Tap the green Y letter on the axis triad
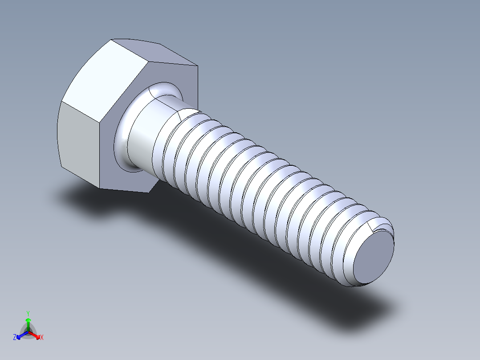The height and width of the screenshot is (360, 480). (28, 313)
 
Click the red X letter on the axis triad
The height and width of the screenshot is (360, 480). (42, 338)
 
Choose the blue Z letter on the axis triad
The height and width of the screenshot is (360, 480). (15, 338)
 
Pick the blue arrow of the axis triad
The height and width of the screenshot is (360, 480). (20, 335)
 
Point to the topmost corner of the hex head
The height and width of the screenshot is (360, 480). (111, 40)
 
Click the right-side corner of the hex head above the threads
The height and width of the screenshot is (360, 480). (197, 66)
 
